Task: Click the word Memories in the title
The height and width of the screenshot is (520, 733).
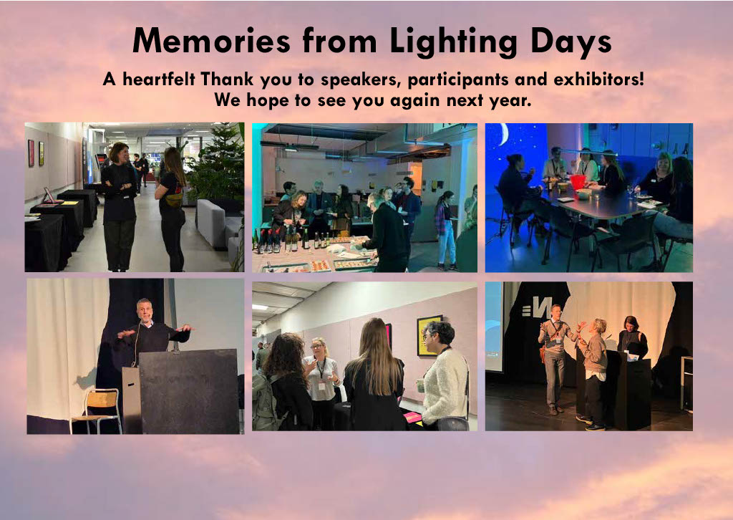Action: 212,40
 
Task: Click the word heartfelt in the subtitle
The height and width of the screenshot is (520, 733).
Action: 158,79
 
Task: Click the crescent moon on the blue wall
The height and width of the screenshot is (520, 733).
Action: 503,134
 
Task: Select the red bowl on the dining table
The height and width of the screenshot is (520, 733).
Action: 578,182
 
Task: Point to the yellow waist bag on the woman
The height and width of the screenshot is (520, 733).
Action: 174,200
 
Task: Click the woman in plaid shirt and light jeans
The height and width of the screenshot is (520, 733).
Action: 446,231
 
